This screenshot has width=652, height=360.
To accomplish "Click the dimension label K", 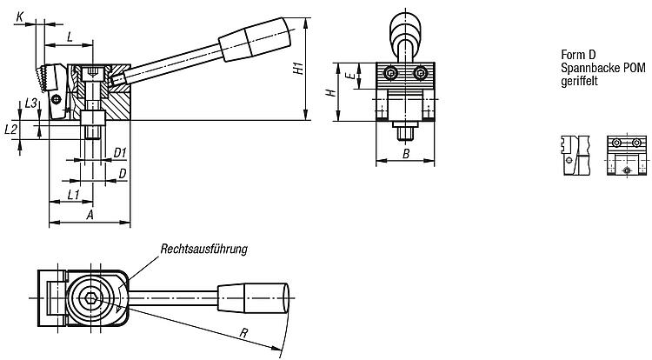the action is (x=20, y=17).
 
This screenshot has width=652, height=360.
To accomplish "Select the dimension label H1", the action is (x=297, y=68).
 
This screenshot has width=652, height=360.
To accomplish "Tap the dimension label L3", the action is (x=31, y=103).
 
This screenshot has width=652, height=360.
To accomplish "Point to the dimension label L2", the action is (x=10, y=130).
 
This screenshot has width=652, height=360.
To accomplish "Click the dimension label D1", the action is (x=120, y=153).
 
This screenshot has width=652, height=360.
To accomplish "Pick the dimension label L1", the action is (x=73, y=194).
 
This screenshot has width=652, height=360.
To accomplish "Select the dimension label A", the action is (x=90, y=215).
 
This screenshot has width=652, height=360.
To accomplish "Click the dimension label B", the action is (x=406, y=154).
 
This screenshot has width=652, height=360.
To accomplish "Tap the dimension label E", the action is (x=351, y=76).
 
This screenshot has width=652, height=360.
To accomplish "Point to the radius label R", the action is (x=244, y=332).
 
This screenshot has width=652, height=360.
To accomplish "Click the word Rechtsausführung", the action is (x=204, y=249).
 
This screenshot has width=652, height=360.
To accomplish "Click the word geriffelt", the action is (x=579, y=81).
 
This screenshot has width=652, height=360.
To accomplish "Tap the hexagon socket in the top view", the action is (x=90, y=297).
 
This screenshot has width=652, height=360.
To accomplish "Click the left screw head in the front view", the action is (x=391, y=74).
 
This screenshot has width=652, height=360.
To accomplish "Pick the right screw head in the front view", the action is (x=421, y=74).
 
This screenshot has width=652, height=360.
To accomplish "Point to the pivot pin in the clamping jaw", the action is (x=57, y=99).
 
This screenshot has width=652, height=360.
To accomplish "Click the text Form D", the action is (x=578, y=55).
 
